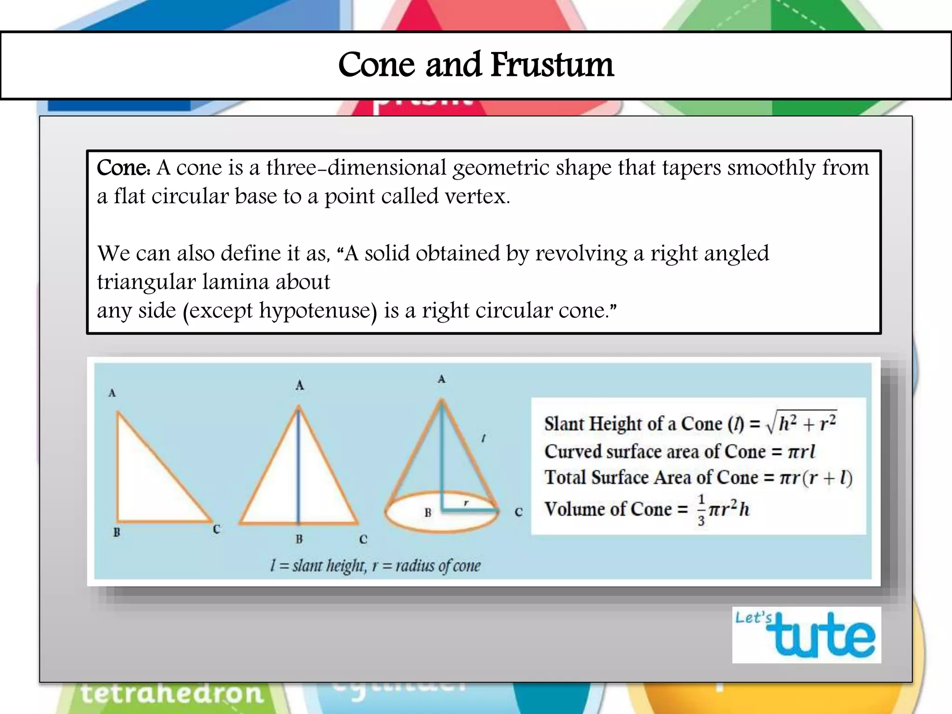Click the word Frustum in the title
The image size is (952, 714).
(552, 65)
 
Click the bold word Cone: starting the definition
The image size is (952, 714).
(123, 168)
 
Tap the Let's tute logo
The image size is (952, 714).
(807, 635)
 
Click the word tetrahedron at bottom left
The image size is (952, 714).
(172, 694)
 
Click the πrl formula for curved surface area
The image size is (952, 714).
(801, 452)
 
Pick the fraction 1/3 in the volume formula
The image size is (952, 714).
(701, 510)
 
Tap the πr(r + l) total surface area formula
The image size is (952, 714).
(816, 478)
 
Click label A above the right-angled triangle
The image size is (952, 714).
(112, 393)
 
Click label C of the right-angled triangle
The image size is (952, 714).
(216, 529)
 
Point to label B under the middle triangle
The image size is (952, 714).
(299, 539)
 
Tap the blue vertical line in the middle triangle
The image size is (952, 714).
(298, 465)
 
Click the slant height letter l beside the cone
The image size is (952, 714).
(483, 438)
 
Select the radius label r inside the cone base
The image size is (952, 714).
(466, 503)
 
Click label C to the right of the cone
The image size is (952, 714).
(519, 512)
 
